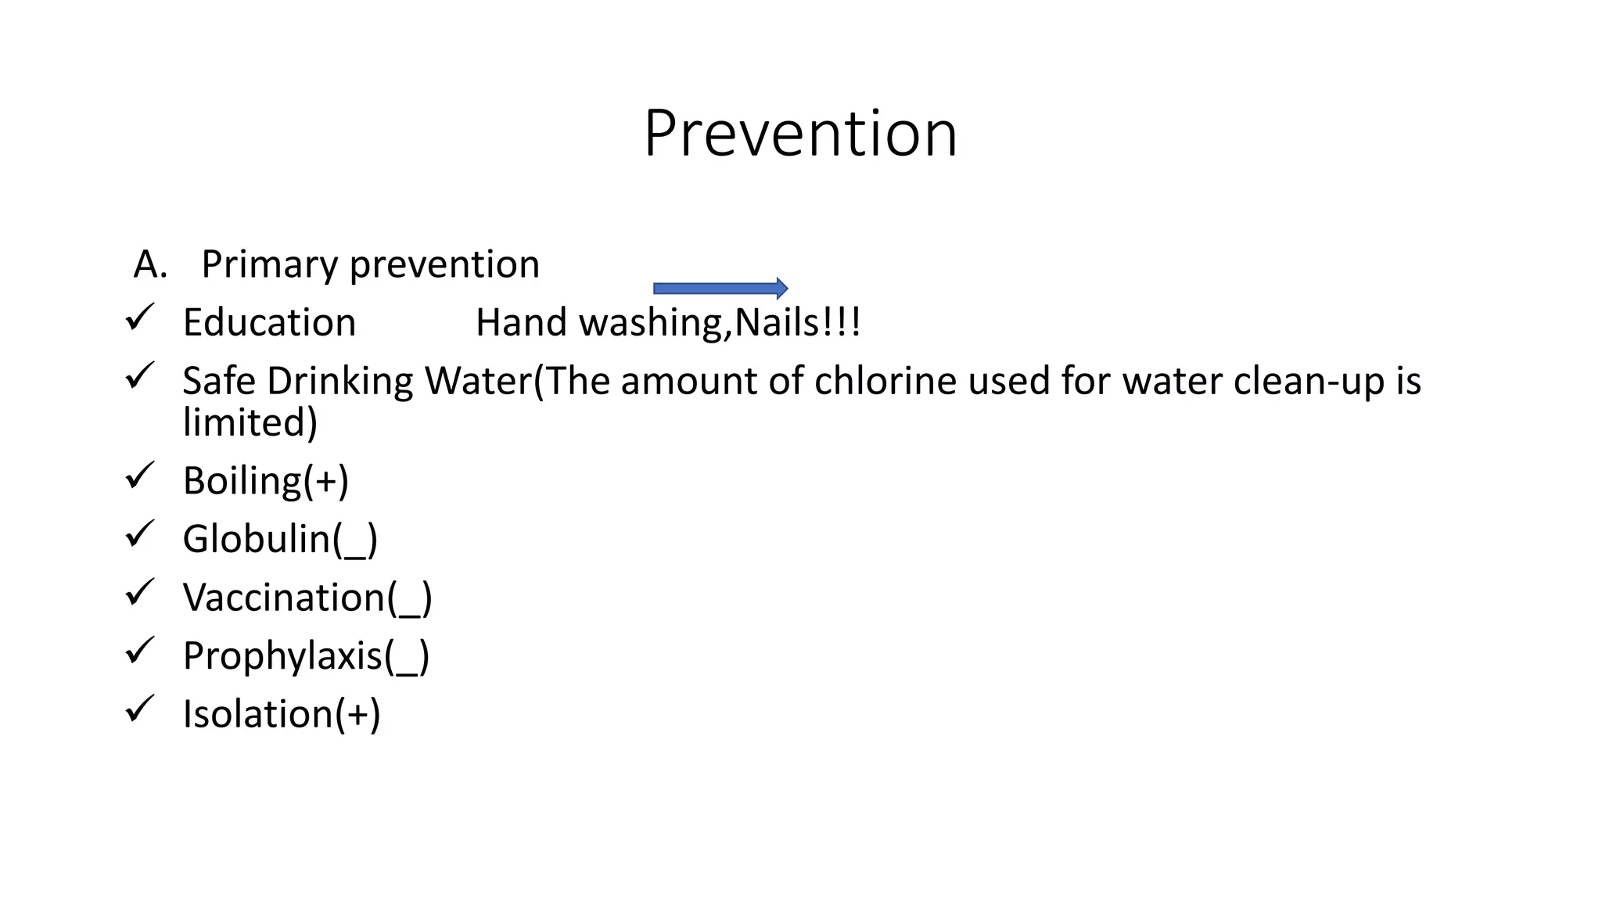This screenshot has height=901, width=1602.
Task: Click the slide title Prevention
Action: pyautogui.click(x=800, y=134)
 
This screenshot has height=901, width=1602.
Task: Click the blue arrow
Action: pyautogui.click(x=720, y=289)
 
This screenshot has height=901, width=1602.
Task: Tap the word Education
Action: pyautogui.click(x=269, y=322)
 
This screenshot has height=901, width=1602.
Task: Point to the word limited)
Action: pyautogui.click(x=250, y=422)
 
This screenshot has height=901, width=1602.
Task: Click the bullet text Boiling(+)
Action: pyautogui.click(x=266, y=480)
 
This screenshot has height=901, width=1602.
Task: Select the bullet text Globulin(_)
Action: pyautogui.click(x=280, y=539)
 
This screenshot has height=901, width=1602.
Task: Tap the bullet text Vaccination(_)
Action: pyautogui.click(x=307, y=598)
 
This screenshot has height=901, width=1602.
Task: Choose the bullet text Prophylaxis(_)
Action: pyautogui.click(x=306, y=655)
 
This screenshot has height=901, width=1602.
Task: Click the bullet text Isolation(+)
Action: pyautogui.click(x=282, y=714)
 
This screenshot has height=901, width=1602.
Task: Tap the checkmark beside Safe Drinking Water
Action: pyautogui.click(x=140, y=375)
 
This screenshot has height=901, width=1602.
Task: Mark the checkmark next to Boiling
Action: pyautogui.click(x=140, y=475)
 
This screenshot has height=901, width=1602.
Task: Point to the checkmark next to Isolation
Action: pyautogui.click(x=140, y=709)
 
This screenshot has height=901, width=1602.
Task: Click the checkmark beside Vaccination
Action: pyautogui.click(x=140, y=592)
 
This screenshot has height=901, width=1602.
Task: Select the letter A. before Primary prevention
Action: pyautogui.click(x=150, y=264)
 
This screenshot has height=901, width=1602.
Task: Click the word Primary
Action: pyautogui.click(x=269, y=264)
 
